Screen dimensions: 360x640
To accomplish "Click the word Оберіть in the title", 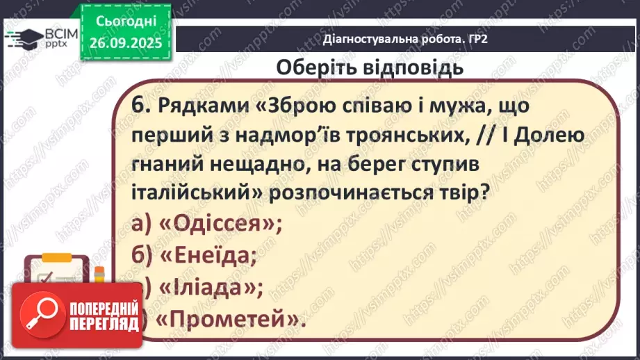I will [x=313, y=68].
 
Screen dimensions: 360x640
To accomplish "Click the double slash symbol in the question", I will [x=484, y=135].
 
